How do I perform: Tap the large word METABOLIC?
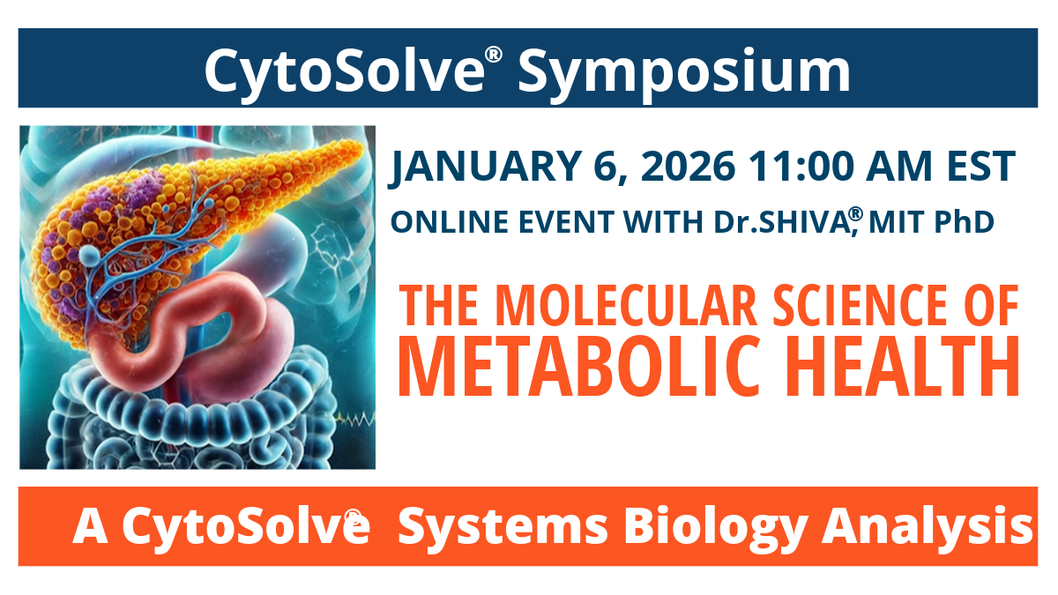(565, 363)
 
